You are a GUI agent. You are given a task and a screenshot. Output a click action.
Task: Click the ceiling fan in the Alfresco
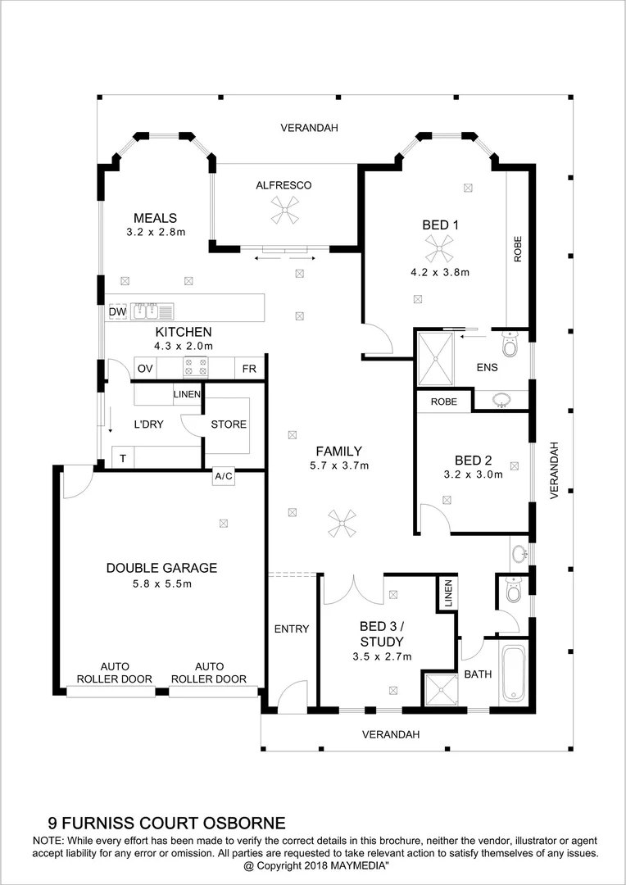click(x=286, y=213)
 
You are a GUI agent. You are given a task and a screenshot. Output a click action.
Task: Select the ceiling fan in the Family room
click(x=342, y=524)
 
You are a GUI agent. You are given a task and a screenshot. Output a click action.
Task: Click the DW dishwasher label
click(x=117, y=311)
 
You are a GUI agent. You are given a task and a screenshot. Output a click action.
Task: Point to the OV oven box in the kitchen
click(x=145, y=369)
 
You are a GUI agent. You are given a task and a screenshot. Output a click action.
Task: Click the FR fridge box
click(x=249, y=369)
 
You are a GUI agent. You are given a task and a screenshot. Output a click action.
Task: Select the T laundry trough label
click(x=123, y=459)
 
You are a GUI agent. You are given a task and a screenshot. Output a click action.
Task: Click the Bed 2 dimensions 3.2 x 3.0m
click(x=473, y=474)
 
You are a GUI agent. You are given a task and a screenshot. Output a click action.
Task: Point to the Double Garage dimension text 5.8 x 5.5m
click(x=161, y=583)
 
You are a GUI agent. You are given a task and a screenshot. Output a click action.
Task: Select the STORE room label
click(x=229, y=424)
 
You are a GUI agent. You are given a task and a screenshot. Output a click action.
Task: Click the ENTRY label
click(x=292, y=629)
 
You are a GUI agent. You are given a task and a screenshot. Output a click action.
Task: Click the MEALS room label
click(x=156, y=218)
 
